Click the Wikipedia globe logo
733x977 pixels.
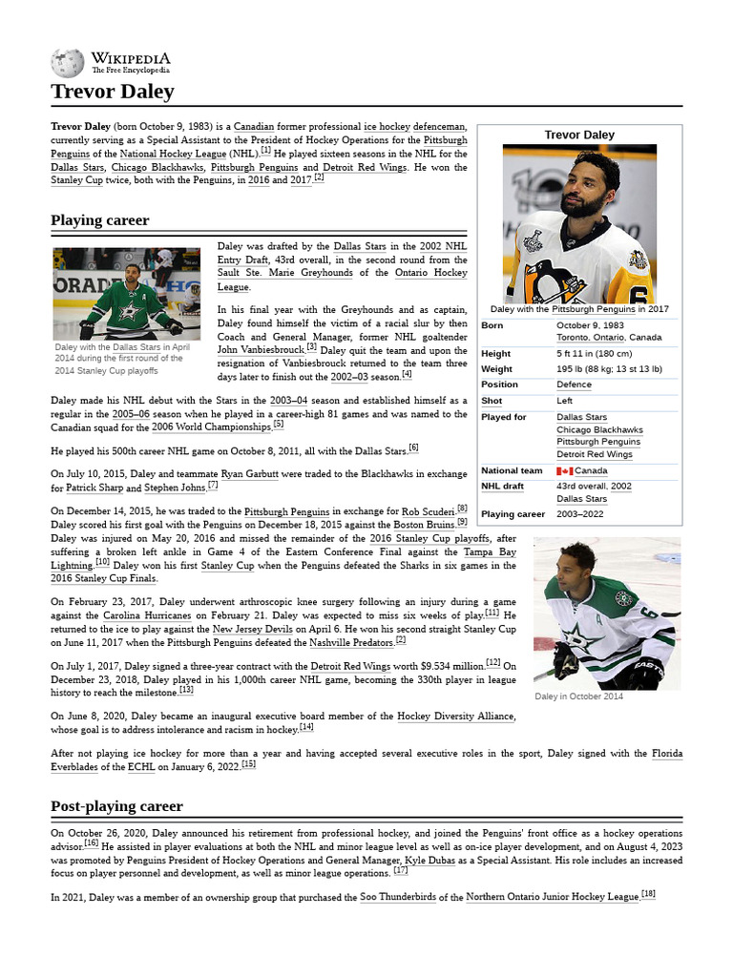pos(68,63)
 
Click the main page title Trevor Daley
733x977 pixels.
pos(112,92)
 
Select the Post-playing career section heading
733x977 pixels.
pos(116,806)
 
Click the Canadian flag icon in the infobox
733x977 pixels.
pos(564,470)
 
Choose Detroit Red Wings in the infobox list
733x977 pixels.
pos(595,454)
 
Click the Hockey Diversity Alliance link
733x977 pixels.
pos(455,716)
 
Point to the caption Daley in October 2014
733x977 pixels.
pos(578,696)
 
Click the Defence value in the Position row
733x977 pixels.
pos(574,385)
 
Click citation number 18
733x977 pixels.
pos(648,894)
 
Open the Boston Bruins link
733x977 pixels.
pos(424,525)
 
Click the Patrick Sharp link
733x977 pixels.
pos(94,488)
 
